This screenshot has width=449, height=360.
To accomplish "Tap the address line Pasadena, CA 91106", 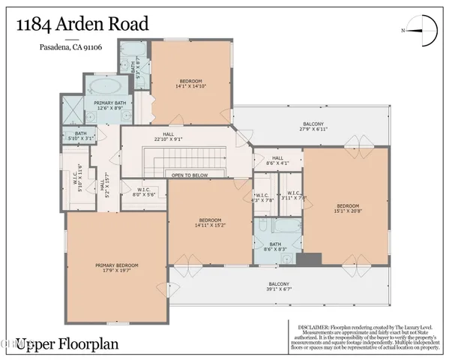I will click(x=71, y=50).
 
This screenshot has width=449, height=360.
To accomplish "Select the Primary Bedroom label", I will click(x=116, y=268).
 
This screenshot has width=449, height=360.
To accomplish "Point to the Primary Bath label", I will click(x=108, y=106).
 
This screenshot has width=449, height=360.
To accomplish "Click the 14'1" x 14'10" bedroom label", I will click(x=192, y=83).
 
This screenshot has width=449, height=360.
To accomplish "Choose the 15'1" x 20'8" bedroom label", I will click(x=348, y=208).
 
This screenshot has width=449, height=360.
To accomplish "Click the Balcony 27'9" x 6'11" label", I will click(x=313, y=127).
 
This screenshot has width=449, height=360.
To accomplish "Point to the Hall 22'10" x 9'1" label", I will click(x=169, y=137).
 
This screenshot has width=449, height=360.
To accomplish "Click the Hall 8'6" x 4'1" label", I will click(x=277, y=160).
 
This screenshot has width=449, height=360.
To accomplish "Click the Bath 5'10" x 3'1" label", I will click(x=81, y=136).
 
